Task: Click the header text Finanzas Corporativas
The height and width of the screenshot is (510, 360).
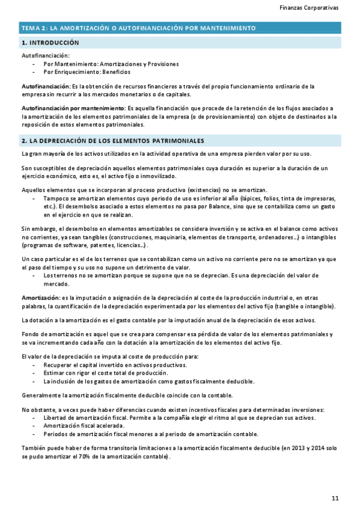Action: point(309,8)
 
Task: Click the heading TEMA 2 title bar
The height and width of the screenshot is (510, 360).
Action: point(138,28)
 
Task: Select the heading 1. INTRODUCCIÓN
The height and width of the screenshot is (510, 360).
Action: point(50,43)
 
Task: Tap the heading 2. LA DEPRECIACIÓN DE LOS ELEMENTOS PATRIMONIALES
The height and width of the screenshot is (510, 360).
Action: point(112,141)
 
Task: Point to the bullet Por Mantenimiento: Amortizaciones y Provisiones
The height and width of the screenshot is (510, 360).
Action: point(111,64)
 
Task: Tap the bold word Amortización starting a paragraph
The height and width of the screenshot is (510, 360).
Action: point(40,298)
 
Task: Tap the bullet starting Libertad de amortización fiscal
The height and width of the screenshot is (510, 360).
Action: point(179,418)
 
